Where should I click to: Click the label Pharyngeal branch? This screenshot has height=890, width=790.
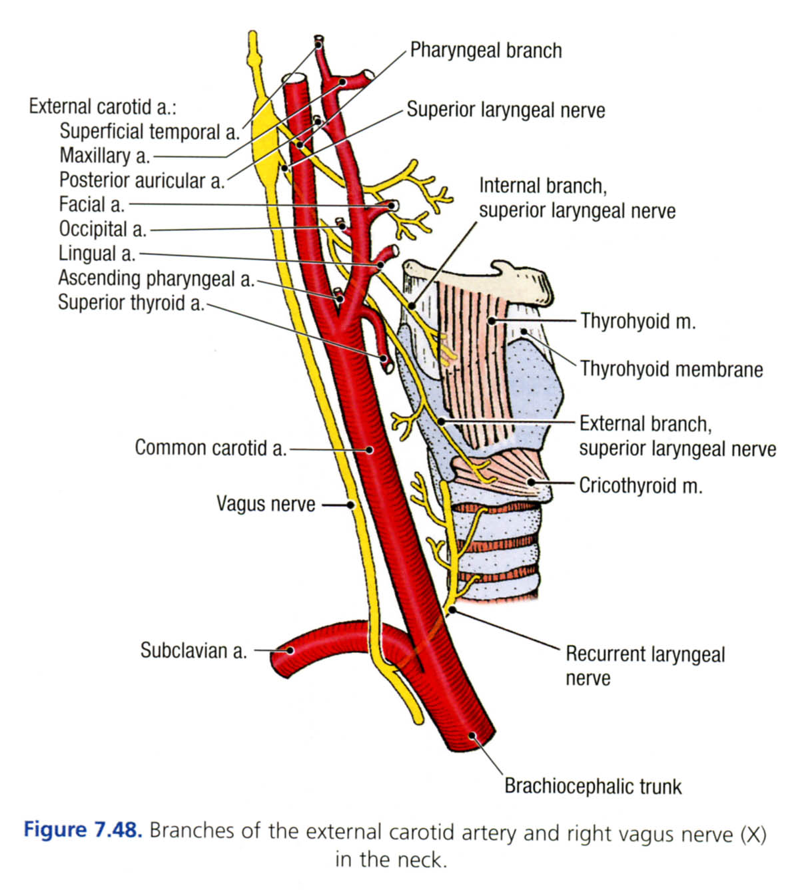coord(485,51)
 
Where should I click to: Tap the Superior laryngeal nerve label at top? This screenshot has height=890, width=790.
coord(506,110)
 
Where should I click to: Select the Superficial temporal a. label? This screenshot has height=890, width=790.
coord(149,132)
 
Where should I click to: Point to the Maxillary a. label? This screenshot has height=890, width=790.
coord(105,156)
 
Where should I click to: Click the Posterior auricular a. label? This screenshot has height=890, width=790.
coord(142,180)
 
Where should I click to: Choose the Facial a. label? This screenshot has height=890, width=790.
coord(92,204)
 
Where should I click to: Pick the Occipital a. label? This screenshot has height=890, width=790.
coord(103,229)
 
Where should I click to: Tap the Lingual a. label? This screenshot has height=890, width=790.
coord(97,254)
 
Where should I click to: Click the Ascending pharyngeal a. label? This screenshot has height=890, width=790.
coord(157,278)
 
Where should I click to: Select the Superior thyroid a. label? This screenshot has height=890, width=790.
coord(131,303)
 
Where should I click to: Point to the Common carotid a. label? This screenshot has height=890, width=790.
coord(210,448)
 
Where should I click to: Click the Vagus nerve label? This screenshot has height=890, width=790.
coord(266,504)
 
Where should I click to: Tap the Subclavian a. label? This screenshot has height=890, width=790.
coord(193,650)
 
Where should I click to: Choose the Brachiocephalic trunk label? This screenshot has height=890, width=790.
coord(593,786)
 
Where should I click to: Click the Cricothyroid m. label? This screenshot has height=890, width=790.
coord(640,485)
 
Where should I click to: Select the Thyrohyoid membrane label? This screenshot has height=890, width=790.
coord(671,369)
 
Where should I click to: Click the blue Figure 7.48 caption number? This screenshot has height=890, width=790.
coord(83,831)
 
